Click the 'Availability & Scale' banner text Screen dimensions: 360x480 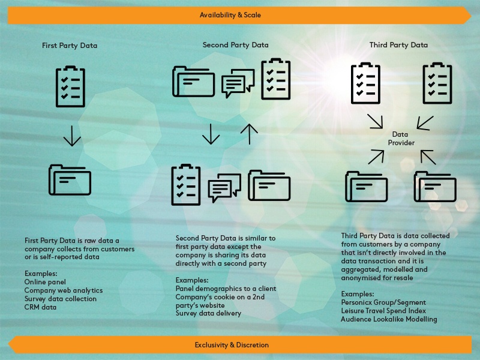[x=230, y=14]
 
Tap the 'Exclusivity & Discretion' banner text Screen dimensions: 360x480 [x=232, y=345]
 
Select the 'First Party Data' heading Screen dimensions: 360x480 [x=70, y=46]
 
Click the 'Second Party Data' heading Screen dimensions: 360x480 [x=236, y=45]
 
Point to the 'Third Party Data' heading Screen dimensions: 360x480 [x=398, y=45]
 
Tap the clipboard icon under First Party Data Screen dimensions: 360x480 [x=70, y=86]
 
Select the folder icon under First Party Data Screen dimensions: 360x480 [x=70, y=179]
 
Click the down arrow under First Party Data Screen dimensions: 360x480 [x=72, y=136]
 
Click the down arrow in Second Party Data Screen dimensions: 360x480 [x=211, y=134]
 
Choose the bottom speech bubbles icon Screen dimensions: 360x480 [x=224, y=187]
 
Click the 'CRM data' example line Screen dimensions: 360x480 [x=40, y=307]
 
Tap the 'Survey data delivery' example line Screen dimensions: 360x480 [x=208, y=313]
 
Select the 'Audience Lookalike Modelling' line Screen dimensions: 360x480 [x=389, y=319]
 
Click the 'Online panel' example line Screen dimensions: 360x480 [x=45, y=282]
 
